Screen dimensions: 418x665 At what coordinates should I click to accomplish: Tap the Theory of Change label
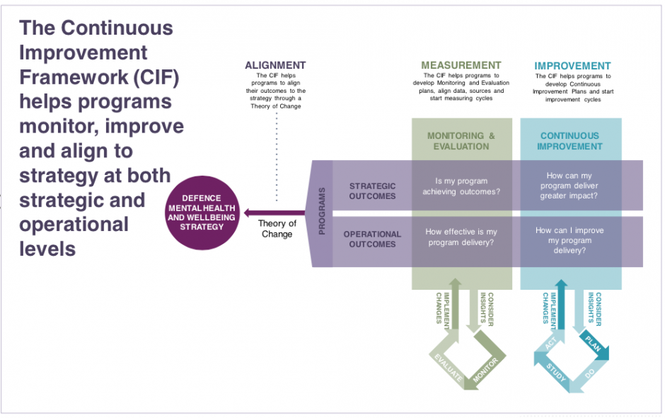tap(277, 229)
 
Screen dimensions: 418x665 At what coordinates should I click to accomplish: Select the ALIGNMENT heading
tap(275, 65)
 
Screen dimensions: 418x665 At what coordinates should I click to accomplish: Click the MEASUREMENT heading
tap(461, 65)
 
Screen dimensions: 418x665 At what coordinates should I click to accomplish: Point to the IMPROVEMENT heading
tap(572, 66)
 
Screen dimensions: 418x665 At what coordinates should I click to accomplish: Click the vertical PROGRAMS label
tap(323, 211)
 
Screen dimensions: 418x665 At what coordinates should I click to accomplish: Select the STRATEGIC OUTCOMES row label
tap(372, 191)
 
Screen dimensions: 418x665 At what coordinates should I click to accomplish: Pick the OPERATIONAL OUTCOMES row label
tap(372, 239)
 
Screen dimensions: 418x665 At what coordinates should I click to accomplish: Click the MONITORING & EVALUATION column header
tap(461, 141)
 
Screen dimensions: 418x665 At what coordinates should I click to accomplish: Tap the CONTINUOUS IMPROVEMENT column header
tap(569, 141)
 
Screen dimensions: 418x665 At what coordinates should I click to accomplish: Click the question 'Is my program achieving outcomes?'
tap(461, 186)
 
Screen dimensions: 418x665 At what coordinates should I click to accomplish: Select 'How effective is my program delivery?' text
tap(461, 237)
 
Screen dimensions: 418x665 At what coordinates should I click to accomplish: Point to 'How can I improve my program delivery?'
tap(570, 240)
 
